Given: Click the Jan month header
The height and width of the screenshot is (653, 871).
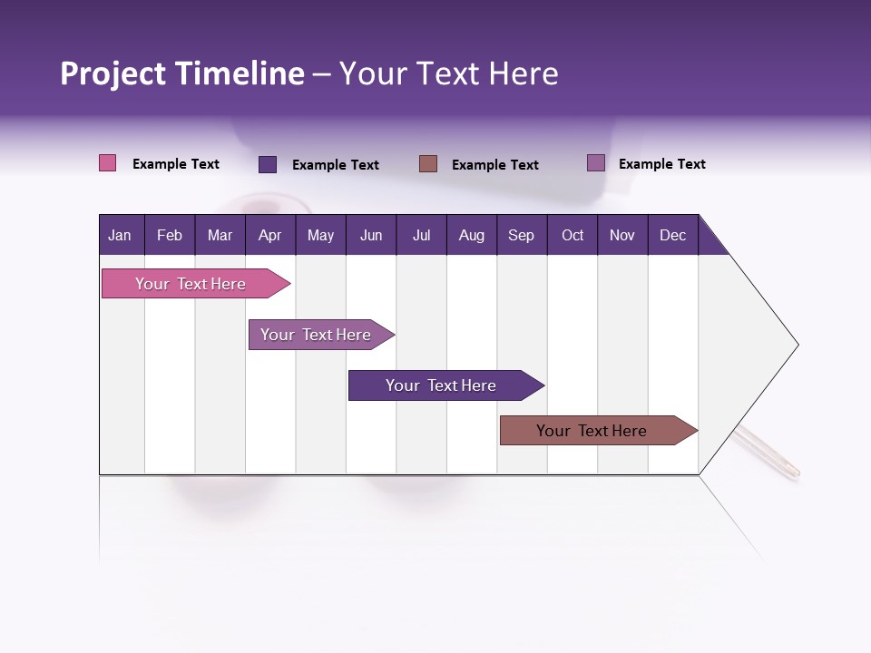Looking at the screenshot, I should click(x=120, y=235).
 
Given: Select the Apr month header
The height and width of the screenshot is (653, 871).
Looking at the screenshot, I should click(x=269, y=235).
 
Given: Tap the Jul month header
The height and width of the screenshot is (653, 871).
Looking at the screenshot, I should click(x=421, y=235).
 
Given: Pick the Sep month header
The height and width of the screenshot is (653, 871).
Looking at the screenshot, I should click(x=521, y=235).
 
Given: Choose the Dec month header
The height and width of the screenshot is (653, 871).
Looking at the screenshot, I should click(x=672, y=235).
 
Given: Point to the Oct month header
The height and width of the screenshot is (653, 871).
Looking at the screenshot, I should click(x=573, y=235).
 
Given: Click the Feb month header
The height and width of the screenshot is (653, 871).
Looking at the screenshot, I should click(x=170, y=235).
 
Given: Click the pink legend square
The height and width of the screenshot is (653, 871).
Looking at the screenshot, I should click(x=107, y=163).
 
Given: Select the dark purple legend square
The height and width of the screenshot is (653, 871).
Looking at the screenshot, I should click(x=268, y=164).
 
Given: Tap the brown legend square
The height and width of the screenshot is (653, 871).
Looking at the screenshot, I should click(x=428, y=163).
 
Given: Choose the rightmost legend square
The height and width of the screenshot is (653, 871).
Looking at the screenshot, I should click(x=596, y=163).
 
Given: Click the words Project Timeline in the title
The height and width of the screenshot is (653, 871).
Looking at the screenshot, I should click(x=182, y=73).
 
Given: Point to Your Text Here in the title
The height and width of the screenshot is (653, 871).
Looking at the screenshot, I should click(x=448, y=73).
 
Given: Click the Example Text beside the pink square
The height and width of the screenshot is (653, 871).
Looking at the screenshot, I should click(x=176, y=164).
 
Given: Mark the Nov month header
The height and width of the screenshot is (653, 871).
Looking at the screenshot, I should click(x=622, y=235).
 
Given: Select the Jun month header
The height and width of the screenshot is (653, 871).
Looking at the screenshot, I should click(x=371, y=235).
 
